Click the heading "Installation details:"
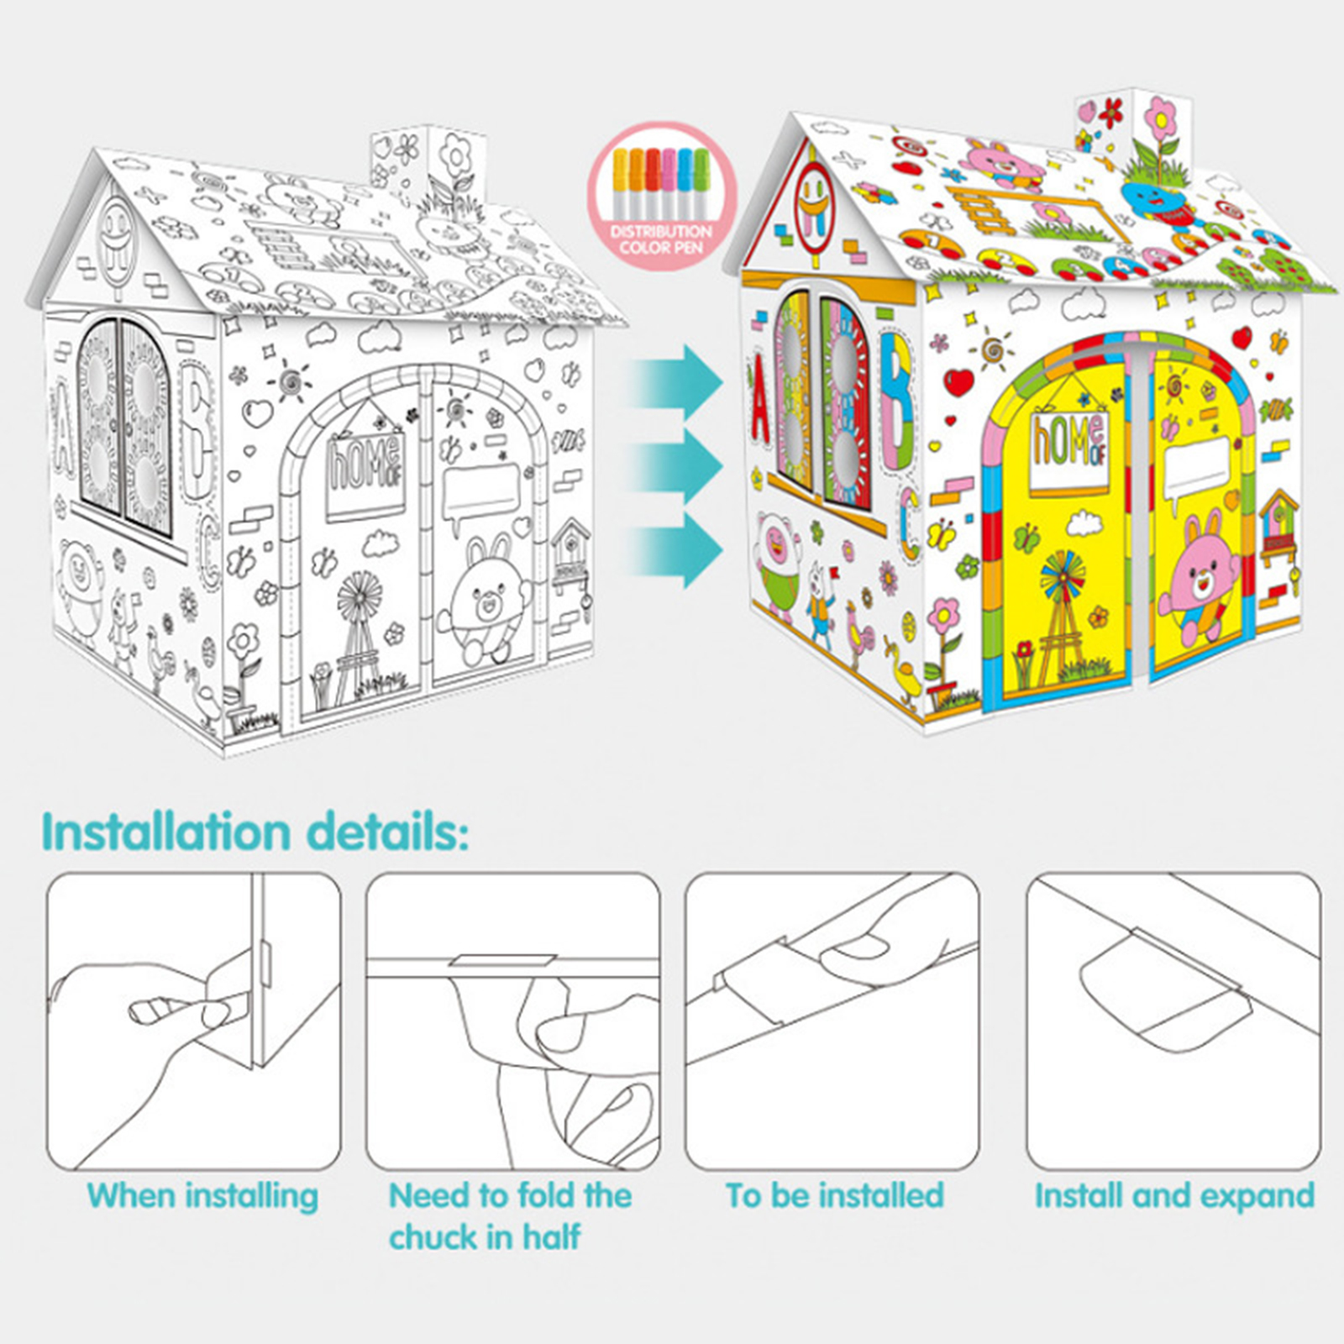(x=255, y=832)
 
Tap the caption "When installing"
(x=202, y=1196)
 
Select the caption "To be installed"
(x=835, y=1195)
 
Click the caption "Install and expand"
(x=1174, y=1196)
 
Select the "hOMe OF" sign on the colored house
(x=1069, y=445)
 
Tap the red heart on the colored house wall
(x=958, y=383)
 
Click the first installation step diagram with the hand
(x=194, y=1021)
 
